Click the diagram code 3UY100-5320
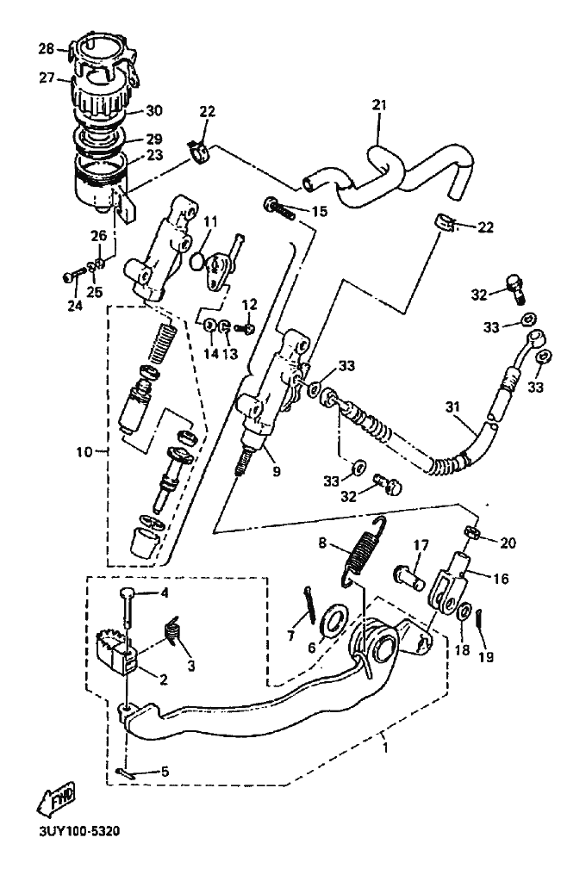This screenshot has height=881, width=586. [x=79, y=831]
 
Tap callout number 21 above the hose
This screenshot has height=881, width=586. [x=379, y=105]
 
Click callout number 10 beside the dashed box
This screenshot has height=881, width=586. [x=84, y=451]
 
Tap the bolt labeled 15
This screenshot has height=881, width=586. [x=279, y=208]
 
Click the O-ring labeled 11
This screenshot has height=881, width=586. [x=196, y=261]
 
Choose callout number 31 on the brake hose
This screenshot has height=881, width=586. [x=452, y=406]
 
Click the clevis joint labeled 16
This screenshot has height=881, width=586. [x=449, y=585]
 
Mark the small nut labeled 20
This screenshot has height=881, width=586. [x=471, y=531]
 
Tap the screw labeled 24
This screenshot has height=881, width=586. [x=73, y=276]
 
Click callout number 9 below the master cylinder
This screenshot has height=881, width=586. [x=276, y=471]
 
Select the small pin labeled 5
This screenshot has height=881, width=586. [x=128, y=773]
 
